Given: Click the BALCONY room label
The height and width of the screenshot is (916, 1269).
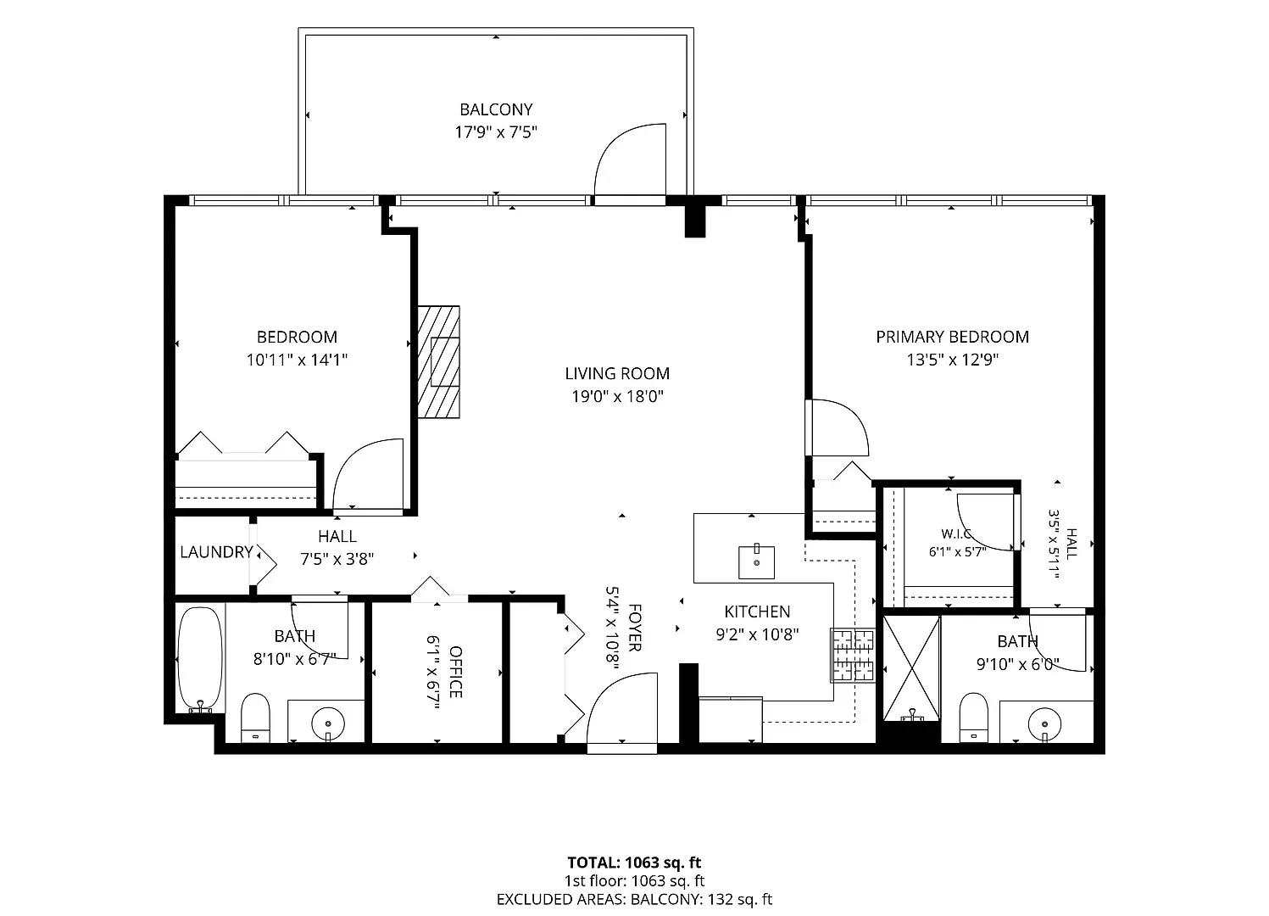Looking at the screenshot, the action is [496, 109].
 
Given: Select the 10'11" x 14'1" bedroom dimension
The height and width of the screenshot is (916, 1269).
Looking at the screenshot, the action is [297, 360].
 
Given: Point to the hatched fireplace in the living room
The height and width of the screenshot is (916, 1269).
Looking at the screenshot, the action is [438, 361].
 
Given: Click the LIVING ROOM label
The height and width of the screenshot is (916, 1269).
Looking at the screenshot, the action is [617, 373].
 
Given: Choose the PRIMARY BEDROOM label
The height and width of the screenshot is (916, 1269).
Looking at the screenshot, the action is [952, 337].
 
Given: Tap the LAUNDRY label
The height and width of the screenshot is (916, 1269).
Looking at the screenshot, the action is [216, 551].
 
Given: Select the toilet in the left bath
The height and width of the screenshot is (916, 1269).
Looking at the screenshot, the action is [255, 717].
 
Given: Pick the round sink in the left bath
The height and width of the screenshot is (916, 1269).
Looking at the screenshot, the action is [328, 723].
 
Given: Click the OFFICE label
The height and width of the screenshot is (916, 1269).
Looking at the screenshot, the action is [455, 673].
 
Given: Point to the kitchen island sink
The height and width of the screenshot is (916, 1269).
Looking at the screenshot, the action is [756, 561].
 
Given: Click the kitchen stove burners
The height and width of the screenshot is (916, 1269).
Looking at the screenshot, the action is [853, 654].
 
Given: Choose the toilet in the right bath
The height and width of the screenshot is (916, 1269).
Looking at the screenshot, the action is [974, 717].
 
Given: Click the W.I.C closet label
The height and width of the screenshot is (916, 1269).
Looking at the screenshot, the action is [956, 534].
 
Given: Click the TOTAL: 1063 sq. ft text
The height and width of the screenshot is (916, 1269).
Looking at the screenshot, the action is [634, 863].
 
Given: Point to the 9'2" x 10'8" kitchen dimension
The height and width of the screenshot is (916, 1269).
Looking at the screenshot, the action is [758, 634].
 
